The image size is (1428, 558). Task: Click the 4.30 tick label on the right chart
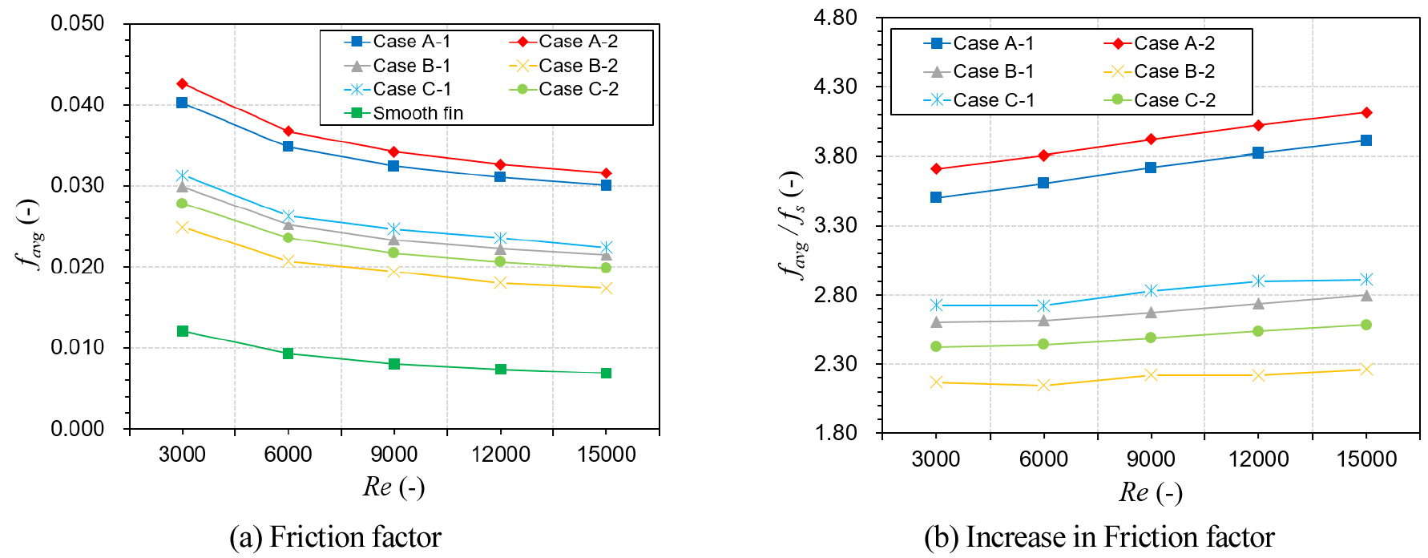835,87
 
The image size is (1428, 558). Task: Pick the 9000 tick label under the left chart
393,455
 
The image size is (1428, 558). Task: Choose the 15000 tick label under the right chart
1366,459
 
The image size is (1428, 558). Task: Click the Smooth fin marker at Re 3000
183,331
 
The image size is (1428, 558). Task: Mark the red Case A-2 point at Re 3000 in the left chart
183,83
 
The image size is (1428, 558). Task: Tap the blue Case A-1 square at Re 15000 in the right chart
1366,140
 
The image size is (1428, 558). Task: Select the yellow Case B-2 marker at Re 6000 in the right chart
1043,386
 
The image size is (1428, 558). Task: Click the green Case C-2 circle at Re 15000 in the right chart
1366,325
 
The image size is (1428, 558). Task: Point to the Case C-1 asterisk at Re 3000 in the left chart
183,176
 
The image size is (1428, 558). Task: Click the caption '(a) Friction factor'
335,537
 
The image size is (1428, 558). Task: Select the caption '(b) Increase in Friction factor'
1099,537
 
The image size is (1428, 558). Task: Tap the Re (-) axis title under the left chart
393,487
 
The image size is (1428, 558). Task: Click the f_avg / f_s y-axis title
792,225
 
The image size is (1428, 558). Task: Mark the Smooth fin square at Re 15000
607,373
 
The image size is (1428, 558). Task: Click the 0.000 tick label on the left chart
78,429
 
